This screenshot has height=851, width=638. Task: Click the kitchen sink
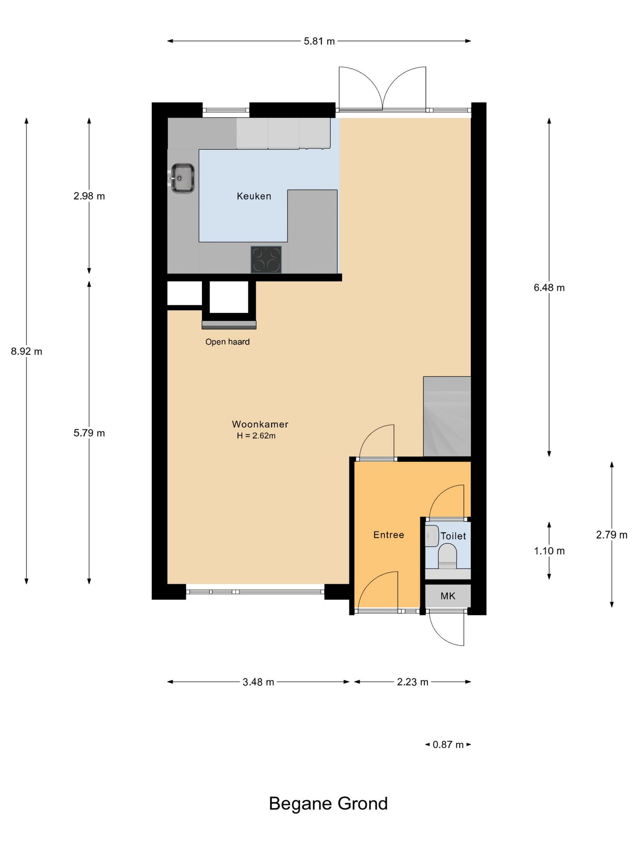[x=183, y=178]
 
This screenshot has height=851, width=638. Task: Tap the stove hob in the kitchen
[x=266, y=259]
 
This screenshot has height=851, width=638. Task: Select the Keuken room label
[x=254, y=196]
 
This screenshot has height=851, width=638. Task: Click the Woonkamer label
[x=260, y=424]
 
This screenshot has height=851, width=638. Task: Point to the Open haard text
[x=227, y=342]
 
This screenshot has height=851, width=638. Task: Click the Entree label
[x=389, y=535]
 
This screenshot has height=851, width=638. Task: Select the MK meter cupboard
[x=448, y=596]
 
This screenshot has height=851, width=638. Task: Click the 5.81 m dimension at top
[x=319, y=41]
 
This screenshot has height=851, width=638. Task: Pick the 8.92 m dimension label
[x=27, y=351]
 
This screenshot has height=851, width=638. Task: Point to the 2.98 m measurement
[x=89, y=196]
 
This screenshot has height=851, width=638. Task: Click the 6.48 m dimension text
[x=549, y=288]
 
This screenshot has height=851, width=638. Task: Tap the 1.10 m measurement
[x=549, y=551]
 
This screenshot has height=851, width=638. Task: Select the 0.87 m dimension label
[x=448, y=744]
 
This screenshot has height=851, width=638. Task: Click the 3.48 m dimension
[x=258, y=682]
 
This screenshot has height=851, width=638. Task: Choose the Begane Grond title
[x=328, y=804]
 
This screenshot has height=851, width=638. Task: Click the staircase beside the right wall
[x=447, y=416]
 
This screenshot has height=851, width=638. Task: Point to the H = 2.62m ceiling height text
[x=256, y=436]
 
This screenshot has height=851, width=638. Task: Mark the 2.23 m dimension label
[x=412, y=682]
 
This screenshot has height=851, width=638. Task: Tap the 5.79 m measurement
[x=89, y=433]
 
